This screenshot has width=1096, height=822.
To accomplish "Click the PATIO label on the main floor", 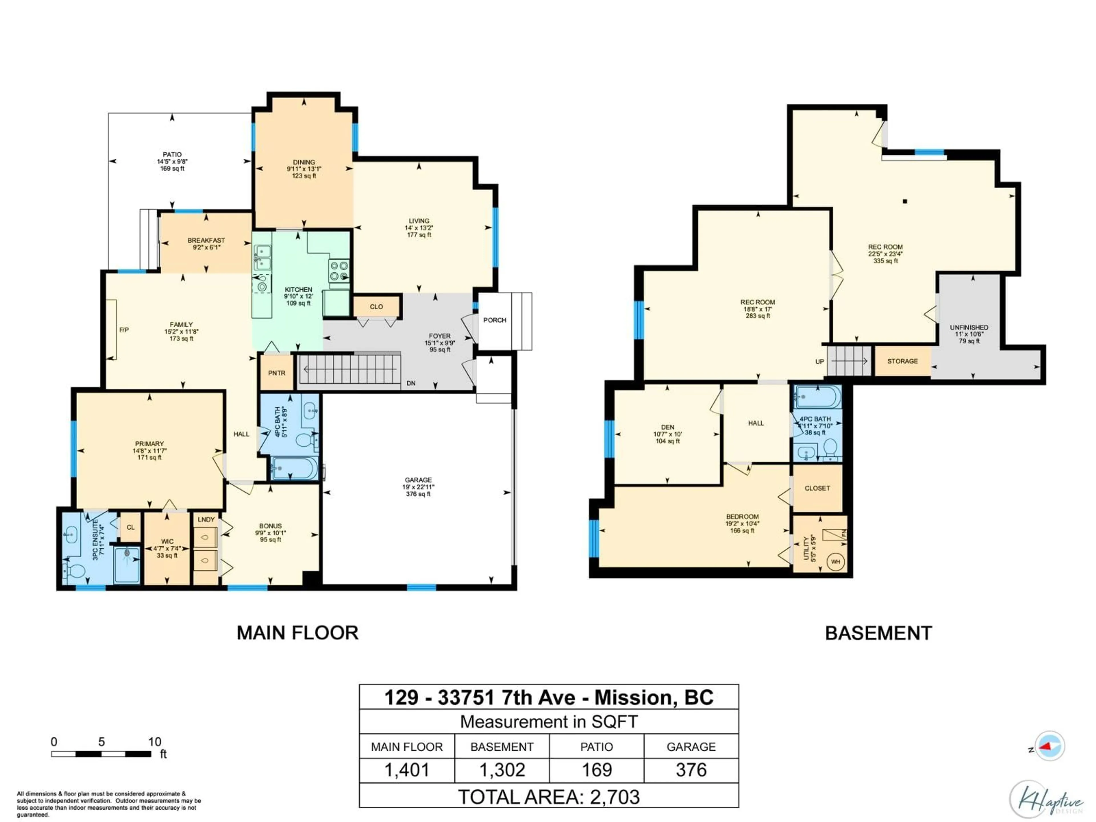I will pyautogui.click(x=172, y=155).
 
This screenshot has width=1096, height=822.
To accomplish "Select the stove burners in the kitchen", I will pyautogui.click(x=339, y=271).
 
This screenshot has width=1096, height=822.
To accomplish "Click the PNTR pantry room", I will pyautogui.click(x=277, y=372).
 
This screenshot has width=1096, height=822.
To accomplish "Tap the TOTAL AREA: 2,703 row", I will pyautogui.click(x=549, y=797).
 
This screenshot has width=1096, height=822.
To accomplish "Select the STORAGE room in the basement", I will pyautogui.click(x=902, y=361).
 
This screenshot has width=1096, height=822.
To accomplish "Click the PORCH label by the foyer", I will pyautogui.click(x=495, y=320).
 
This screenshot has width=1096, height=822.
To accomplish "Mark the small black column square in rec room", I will pyautogui.click(x=905, y=202).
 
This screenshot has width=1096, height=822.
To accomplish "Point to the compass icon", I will pyautogui.click(x=1049, y=746).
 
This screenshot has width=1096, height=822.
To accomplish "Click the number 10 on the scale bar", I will pyautogui.click(x=155, y=742).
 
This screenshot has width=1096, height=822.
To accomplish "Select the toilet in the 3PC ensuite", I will pyautogui.click(x=74, y=571).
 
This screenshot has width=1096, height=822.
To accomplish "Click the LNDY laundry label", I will pyautogui.click(x=206, y=519).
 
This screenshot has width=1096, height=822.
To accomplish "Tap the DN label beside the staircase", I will pyautogui.click(x=411, y=383).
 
